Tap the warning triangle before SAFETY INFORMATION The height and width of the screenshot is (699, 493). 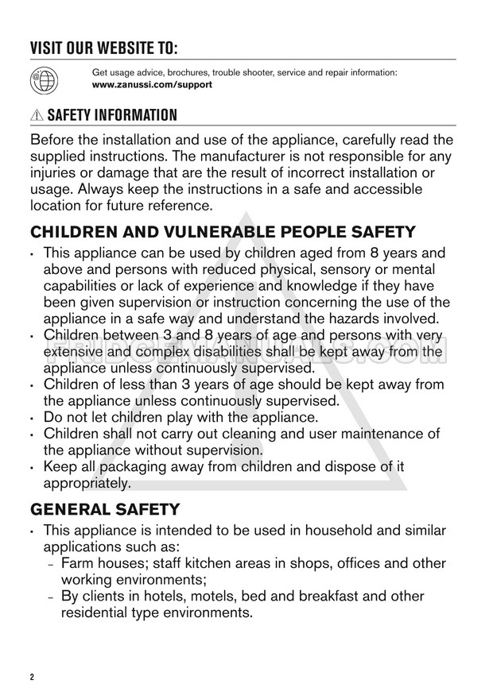(37, 116)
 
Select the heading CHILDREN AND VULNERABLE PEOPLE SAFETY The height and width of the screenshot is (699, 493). (223, 232)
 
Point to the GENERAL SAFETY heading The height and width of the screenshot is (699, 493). (105, 508)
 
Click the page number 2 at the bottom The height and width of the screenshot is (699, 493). (33, 678)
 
